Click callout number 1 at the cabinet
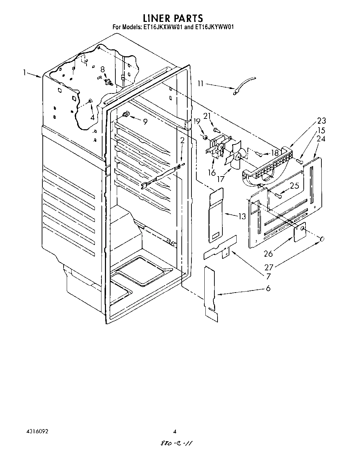click(25, 73)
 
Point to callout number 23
click(321, 121)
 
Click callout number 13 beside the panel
click(242, 216)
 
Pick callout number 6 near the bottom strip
click(268, 288)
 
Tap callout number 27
click(269, 267)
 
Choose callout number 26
click(268, 254)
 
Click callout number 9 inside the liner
click(145, 122)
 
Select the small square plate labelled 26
click(299, 232)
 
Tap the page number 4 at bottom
click(175, 432)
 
